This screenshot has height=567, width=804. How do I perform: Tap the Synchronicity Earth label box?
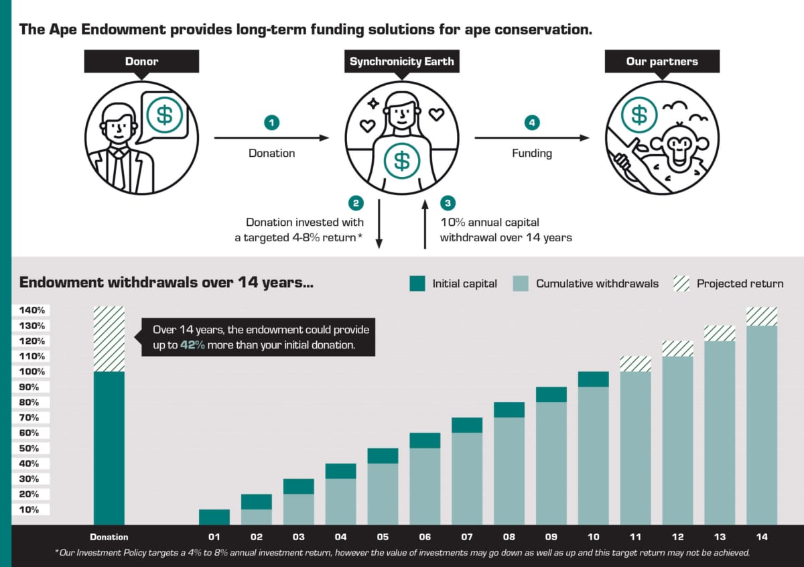[401, 62]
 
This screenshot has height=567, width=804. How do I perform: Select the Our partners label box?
[662, 62]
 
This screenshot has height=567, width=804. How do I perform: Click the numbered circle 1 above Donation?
[271, 123]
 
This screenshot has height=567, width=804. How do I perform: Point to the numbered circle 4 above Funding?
[532, 123]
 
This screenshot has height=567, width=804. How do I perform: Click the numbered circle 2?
[356, 202]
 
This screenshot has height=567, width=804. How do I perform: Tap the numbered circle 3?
[448, 202]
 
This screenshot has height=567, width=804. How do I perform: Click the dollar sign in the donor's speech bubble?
[164, 114]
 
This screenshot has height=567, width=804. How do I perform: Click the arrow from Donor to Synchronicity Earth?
[271, 138]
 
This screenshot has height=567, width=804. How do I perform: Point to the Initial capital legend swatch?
[417, 283]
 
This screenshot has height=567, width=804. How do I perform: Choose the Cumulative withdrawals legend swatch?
[521, 283]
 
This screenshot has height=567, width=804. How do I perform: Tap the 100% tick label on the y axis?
[32, 372]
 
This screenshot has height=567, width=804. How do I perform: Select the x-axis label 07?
[466, 537]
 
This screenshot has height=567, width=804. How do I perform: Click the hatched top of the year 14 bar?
[762, 316]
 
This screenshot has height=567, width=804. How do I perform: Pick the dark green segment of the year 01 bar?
[214, 517]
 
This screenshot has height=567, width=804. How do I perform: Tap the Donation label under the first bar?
[109, 537]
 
